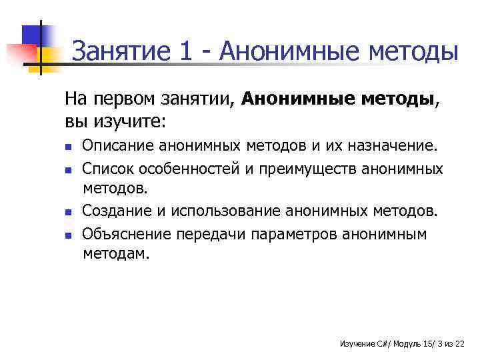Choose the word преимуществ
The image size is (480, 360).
[307, 169]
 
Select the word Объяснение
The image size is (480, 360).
[127, 234]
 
